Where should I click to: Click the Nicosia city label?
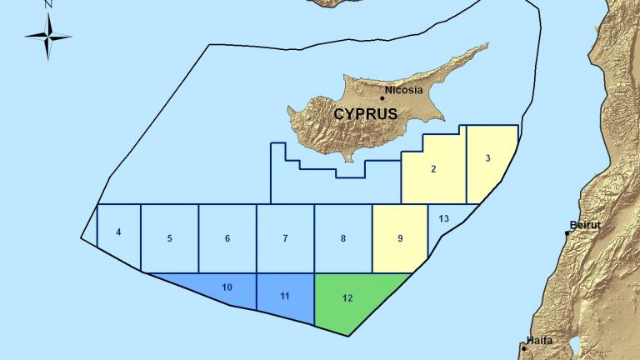click(404, 90)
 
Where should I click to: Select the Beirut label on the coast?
click(585, 225)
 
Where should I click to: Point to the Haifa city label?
click(540, 341)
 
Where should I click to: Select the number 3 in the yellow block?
click(487, 158)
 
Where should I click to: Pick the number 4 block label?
click(118, 232)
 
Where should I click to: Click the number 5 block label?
click(169, 238)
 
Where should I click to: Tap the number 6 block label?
click(227, 238)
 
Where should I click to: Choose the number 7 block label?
click(285, 238)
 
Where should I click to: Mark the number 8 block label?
click(343, 238)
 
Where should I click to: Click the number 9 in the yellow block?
click(400, 238)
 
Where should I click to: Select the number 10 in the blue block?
click(227, 287)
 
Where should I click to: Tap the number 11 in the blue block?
click(285, 296)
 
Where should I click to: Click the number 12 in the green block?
click(347, 297)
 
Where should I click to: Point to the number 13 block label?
click(443, 218)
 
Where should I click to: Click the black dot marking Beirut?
click(567, 233)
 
